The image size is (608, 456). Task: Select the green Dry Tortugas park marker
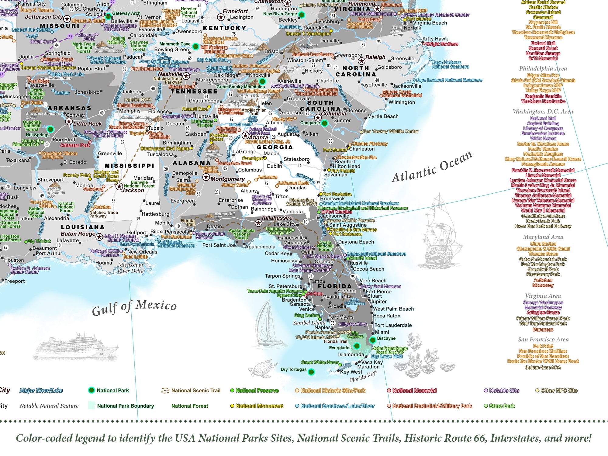(x=311, y=371)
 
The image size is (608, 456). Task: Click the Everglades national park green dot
(x=357, y=346)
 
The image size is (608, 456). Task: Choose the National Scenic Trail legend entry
(x=195, y=390)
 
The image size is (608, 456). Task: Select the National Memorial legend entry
(x=414, y=390)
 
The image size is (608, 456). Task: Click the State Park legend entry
(x=502, y=406)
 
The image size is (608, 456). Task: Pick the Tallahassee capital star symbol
(x=258, y=223)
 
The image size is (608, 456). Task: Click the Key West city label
(x=351, y=372)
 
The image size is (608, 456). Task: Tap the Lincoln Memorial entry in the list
(x=543, y=175)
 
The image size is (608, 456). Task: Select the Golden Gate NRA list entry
(x=543, y=368)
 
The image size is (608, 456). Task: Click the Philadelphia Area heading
(x=543, y=68)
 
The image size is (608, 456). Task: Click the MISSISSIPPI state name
(x=130, y=166)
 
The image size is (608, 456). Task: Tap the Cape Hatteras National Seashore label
(x=450, y=64)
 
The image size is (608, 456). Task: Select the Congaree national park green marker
(x=324, y=123)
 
